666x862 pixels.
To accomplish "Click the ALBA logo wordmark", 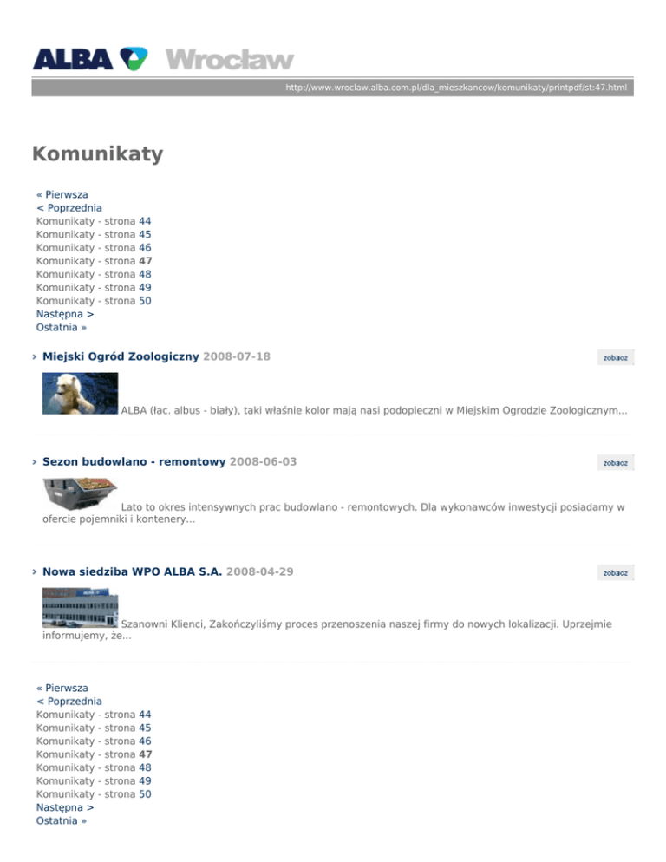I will [x=72, y=59].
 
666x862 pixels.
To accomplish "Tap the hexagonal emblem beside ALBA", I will [x=134, y=58].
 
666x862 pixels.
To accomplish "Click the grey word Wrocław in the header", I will [x=230, y=60].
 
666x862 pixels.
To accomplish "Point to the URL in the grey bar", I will [x=456, y=88].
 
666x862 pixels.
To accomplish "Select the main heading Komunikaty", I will [x=97, y=154].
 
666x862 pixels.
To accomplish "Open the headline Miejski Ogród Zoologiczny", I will [x=121, y=356].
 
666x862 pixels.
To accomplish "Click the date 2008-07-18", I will [x=236, y=356].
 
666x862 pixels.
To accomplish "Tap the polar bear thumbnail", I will [x=80, y=394].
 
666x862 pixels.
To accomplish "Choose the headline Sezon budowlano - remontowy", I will [x=134, y=462].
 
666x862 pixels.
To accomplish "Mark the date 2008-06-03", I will [x=263, y=462].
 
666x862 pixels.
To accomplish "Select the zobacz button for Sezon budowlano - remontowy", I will [x=616, y=463].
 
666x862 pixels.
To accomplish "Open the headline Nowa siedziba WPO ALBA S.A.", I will [x=132, y=571].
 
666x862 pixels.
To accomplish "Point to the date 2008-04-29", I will [x=259, y=571].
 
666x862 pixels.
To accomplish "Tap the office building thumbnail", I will [x=80, y=606].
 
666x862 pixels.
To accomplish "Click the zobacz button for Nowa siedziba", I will [x=616, y=572].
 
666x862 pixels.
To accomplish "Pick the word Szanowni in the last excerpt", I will [x=144, y=624].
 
